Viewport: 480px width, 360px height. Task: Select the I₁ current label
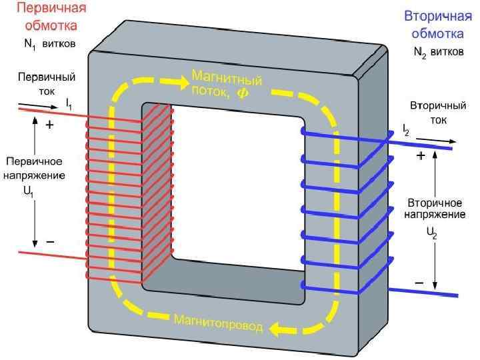click(x=69, y=104)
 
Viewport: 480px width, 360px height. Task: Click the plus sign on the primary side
click(x=49, y=125)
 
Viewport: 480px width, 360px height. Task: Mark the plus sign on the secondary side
click(x=421, y=157)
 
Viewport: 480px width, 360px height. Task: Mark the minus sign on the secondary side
click(x=419, y=283)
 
